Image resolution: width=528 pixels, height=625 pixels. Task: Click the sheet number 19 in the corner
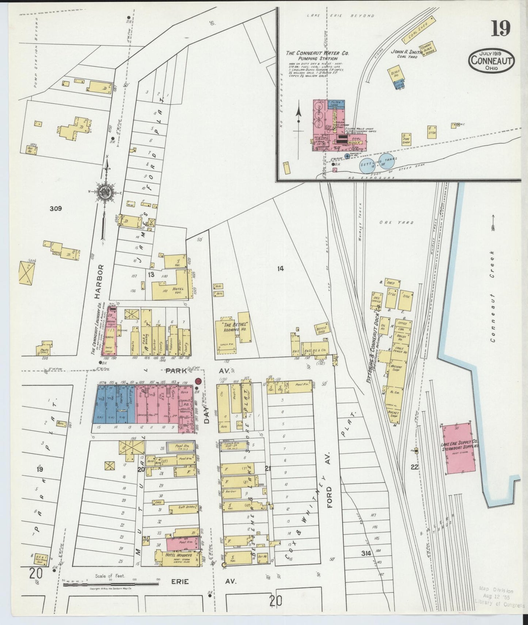click(x=500, y=29)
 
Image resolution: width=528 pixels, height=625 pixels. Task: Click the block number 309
click(x=56, y=209)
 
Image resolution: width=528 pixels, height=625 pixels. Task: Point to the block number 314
click(x=366, y=554)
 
